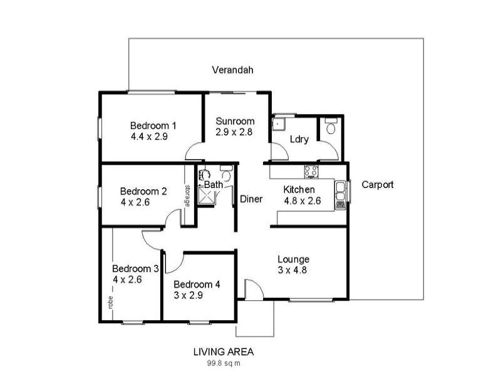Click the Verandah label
tap(232, 70)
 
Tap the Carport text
tap(378, 185)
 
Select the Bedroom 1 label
tap(153, 125)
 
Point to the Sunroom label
tap(235, 122)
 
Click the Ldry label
tap(299, 139)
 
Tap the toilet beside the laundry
tap(330, 128)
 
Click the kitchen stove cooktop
tap(311, 170)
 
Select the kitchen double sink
tap(340, 194)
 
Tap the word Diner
tap(251, 199)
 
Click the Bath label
tap(214, 185)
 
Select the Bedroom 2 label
tap(143, 192)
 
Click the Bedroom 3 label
tap(135, 268)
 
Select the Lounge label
tap(294, 259)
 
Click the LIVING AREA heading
tap(224, 352)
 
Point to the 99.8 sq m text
tap(224, 363)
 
